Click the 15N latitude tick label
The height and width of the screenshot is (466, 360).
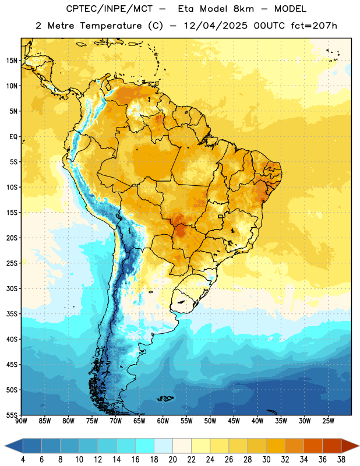pos(12,61)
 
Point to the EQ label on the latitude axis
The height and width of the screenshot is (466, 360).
pos(13,137)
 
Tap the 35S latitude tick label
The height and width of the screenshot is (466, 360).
pos(12,314)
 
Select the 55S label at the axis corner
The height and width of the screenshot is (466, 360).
pos(12,415)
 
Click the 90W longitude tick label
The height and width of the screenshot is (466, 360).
pos(21,421)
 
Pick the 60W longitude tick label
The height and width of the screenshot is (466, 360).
pos(163,421)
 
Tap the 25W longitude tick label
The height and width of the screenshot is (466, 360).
pos(328,421)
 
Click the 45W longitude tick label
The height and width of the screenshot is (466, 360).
pos(234,421)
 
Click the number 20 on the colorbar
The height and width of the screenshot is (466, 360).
pos(172,460)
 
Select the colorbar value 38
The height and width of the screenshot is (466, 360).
pos(341,460)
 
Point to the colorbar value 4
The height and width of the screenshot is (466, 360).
pos(23,460)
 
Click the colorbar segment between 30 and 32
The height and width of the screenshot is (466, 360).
pos(276,446)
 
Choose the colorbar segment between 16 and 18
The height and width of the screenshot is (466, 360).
pos(144,446)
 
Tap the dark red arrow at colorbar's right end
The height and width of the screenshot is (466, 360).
pos(350,446)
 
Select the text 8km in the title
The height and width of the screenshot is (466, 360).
pos(243,9)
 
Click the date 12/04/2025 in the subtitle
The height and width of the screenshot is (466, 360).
pos(216,26)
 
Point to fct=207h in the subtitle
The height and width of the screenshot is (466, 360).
pos(314,26)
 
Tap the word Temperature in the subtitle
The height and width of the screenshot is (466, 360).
pos(111,26)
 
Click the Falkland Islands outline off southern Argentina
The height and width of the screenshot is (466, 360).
pos(165,398)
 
